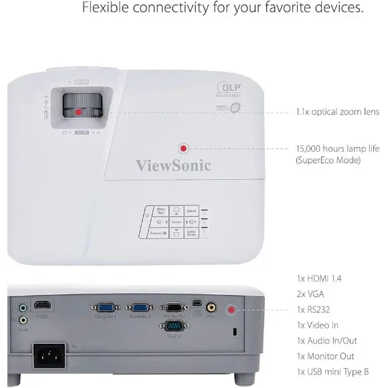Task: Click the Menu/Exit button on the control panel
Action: click(161, 211)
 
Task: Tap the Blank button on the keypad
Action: click(191, 211)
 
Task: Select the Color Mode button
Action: click(191, 232)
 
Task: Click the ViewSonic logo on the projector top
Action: click(173, 165)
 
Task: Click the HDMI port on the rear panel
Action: click(43, 305)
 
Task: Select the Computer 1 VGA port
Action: click(105, 307)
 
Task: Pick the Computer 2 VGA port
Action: click(140, 307)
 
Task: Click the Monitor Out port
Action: click(174, 307)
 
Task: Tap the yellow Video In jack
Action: click(212, 308)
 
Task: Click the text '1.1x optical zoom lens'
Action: click(337, 112)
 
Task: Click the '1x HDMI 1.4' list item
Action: click(324, 278)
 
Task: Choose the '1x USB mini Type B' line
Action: click(334, 372)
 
